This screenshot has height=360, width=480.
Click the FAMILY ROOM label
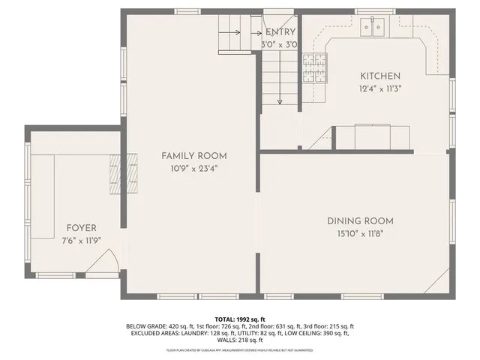coord(194,156)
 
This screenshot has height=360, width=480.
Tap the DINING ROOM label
coord(360,221)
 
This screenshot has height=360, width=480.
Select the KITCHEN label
coord(380,76)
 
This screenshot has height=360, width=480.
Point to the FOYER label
coord(81,228)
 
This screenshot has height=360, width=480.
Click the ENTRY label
coord(280,32)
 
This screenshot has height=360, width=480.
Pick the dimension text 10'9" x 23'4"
coord(194,169)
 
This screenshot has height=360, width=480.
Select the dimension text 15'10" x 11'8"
coord(360,234)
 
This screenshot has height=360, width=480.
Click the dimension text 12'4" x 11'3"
coord(380,88)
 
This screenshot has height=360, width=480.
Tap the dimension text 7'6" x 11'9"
coord(81,241)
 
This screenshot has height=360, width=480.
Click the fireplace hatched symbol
coord(123,175)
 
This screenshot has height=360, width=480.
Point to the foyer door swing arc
coord(103,262)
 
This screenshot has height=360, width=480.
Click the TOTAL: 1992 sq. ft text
coord(240,319)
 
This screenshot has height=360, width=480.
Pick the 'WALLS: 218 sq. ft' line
coord(240,340)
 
